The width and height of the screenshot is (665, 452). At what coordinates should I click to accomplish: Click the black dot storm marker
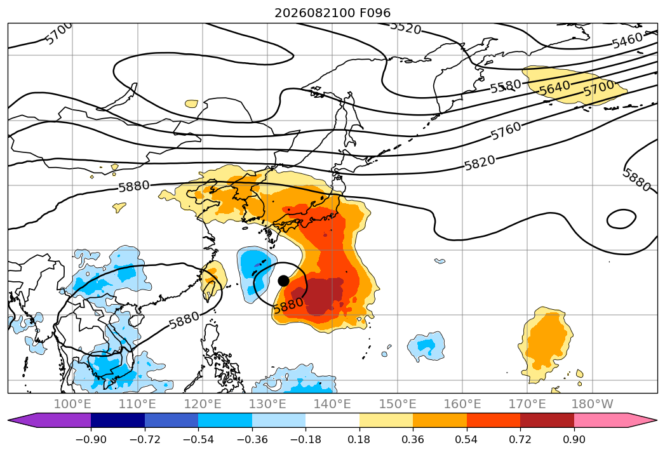284,281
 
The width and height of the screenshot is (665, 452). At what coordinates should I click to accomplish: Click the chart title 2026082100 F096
333,13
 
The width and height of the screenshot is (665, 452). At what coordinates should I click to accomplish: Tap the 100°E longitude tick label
72,404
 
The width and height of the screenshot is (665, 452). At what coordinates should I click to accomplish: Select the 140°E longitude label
332,404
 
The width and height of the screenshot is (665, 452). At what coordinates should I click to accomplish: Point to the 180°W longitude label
592,404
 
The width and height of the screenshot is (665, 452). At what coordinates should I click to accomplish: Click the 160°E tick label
462,404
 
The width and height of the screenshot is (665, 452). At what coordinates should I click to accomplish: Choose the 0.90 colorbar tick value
574,439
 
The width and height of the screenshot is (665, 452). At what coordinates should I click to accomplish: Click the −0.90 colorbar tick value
91,439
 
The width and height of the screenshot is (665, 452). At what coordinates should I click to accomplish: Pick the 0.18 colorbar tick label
359,439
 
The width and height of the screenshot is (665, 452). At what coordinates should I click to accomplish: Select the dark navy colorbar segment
118,420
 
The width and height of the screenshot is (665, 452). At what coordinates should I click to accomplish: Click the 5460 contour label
628,40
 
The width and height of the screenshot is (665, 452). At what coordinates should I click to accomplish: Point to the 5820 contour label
480,163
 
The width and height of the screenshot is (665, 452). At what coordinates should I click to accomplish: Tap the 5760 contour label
506,130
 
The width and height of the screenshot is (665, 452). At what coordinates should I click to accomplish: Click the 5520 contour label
405,28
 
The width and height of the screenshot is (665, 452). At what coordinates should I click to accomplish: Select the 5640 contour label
554,88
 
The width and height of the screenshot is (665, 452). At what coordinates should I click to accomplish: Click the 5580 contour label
506,86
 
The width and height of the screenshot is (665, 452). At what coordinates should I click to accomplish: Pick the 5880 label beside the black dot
288,305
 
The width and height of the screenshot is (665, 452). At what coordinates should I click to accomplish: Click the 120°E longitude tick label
203,404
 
